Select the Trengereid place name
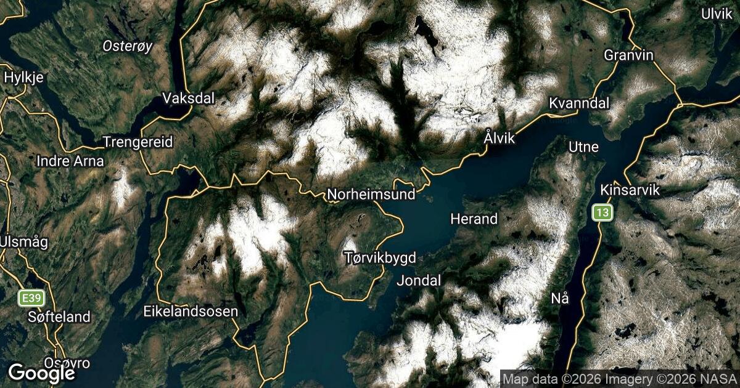tap(139, 142)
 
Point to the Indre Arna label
tap(70, 161)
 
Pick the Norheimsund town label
tap(371, 195)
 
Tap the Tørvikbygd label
tap(380, 257)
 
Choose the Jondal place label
tap(419, 281)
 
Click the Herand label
tap(474, 219)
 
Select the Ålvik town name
tap(499, 139)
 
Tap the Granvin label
tap(628, 55)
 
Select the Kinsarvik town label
tap(630, 190)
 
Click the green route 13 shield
tap(602, 213)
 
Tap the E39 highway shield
tap(30, 299)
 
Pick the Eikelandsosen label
tap(191, 312)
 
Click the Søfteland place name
tap(59, 317)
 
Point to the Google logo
tap(41, 373)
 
